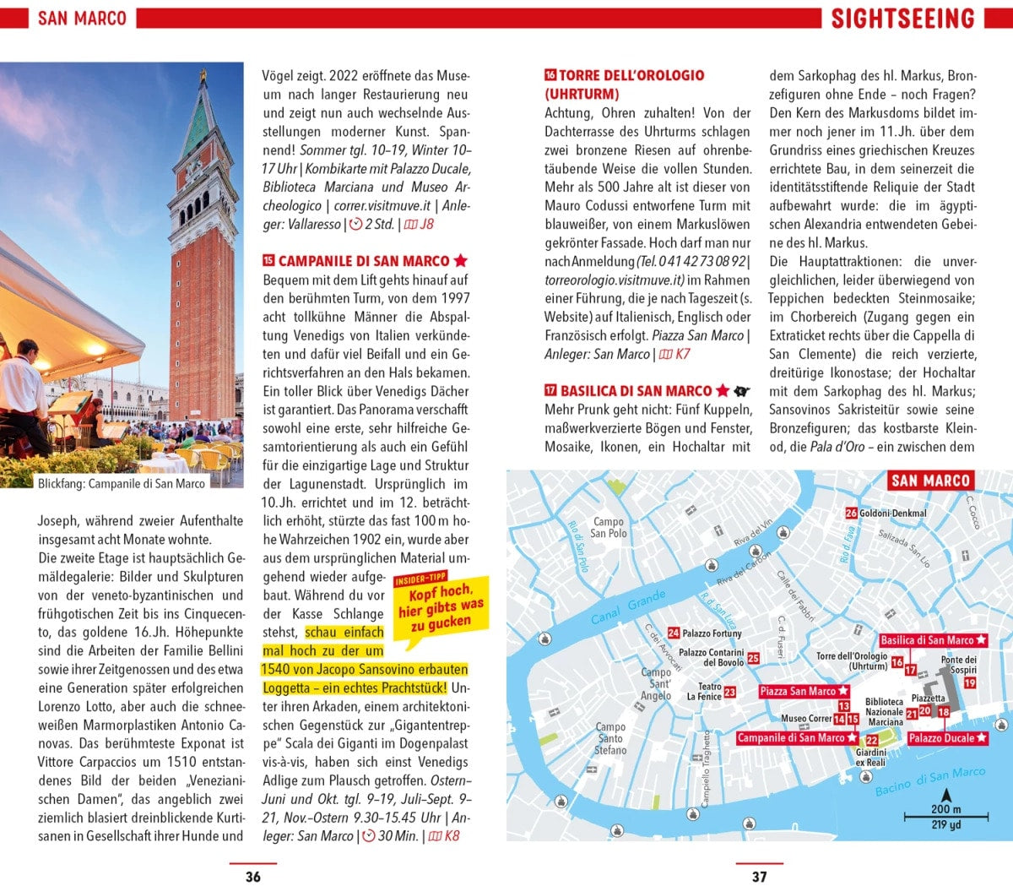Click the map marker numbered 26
coord(851,513)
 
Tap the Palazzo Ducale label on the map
coord(947,738)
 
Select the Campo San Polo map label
coord(608,527)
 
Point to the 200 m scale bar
coord(945,816)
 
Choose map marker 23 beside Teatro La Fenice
coord(730,692)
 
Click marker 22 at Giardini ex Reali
coord(872,741)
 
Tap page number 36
coord(252,877)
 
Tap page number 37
coord(759,877)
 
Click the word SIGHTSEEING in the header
coord(902,19)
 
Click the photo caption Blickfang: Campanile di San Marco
coord(122,484)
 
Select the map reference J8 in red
coord(427,224)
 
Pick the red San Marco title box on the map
coord(930,481)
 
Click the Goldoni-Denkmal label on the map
coord(892,513)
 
